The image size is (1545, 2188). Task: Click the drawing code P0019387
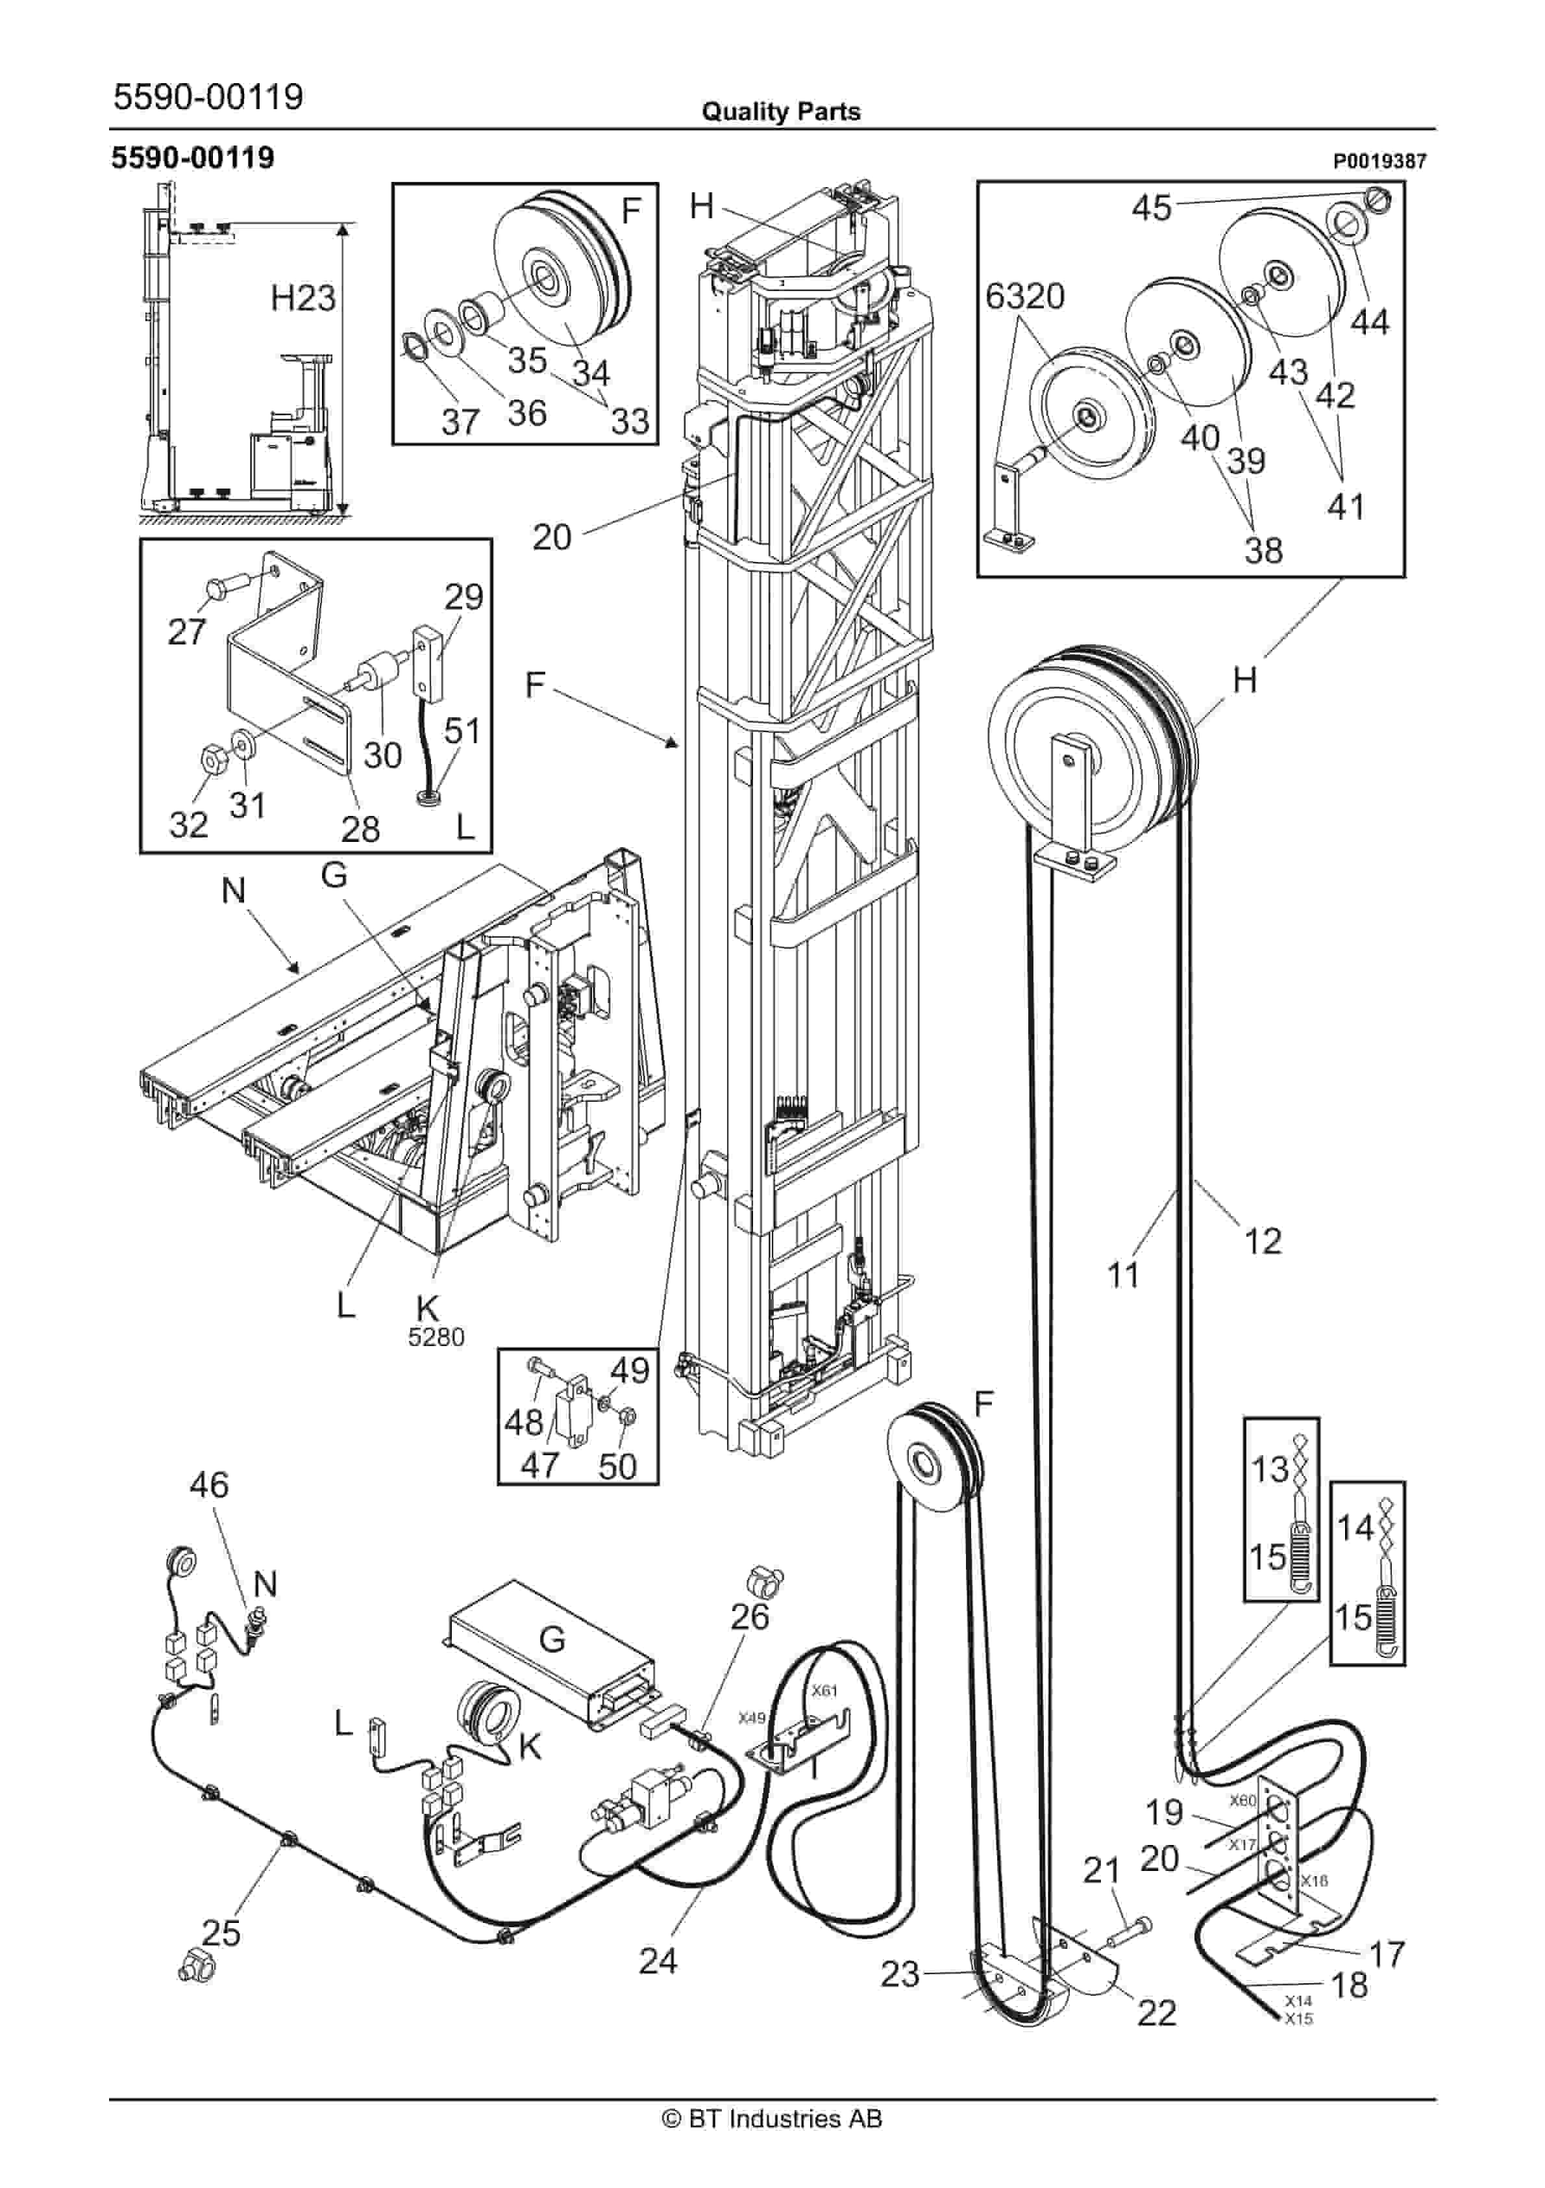(x=1379, y=162)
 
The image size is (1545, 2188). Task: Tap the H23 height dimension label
(x=303, y=298)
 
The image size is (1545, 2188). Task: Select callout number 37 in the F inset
(x=460, y=420)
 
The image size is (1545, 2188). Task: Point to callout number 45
(x=1152, y=207)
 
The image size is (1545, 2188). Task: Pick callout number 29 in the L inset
(x=464, y=598)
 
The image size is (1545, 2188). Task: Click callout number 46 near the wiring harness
(x=210, y=1484)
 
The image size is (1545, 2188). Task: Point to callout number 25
(x=221, y=1933)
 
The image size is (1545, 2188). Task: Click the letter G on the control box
(x=552, y=1638)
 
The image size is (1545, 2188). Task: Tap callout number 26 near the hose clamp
(x=750, y=1616)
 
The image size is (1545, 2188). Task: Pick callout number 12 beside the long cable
(x=1263, y=1241)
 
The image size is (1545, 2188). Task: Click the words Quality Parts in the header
(x=781, y=112)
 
